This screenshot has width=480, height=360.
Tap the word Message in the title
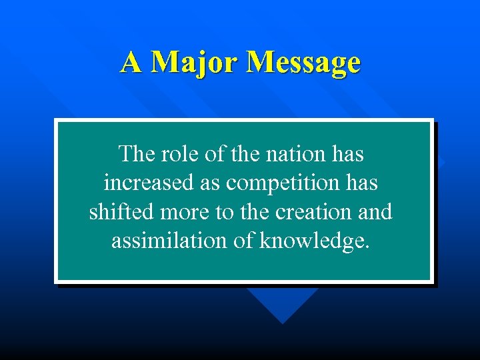303,63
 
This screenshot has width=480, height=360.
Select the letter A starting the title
131,63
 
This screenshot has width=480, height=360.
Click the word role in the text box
179,154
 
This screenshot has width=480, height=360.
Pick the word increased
146,183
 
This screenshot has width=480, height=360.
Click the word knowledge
313,241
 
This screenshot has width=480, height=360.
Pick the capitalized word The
136,154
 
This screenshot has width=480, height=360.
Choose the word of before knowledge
241,240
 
